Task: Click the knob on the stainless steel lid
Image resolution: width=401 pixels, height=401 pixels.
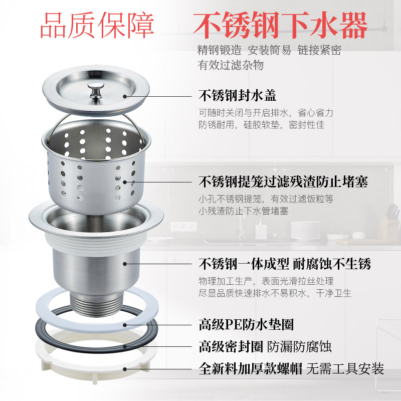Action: pos(93,90)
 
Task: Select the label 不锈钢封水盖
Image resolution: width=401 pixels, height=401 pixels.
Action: pos(237,95)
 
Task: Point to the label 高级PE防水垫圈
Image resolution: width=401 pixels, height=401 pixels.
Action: pos(246,325)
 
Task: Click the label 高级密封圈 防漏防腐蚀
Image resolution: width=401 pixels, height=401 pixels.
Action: pos(265,346)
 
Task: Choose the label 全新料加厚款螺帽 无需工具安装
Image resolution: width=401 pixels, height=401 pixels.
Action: pos(291,369)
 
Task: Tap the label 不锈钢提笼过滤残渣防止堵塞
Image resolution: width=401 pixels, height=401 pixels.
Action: pos(283,181)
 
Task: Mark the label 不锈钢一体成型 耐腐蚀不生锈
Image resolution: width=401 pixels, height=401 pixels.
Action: pos(285,264)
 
